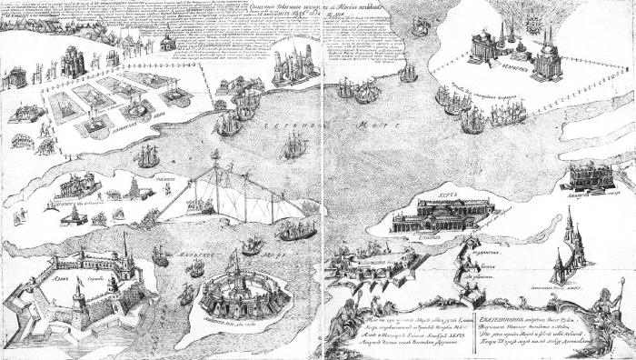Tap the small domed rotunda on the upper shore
coord(167,44)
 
